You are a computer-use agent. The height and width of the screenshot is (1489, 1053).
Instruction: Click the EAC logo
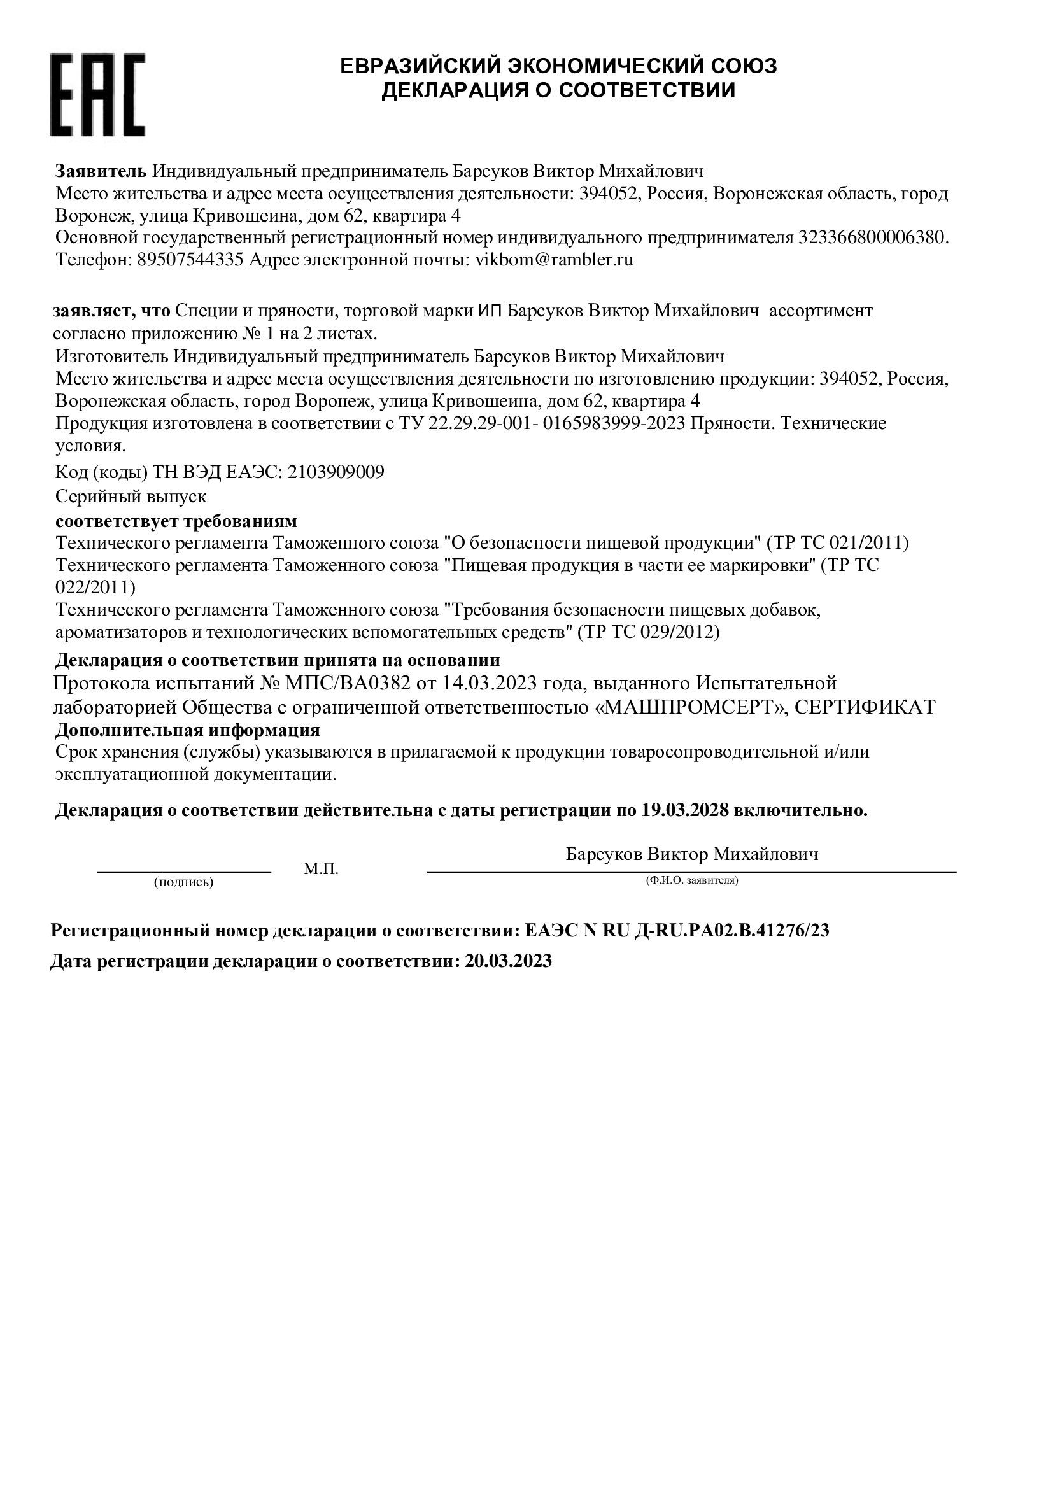[98, 95]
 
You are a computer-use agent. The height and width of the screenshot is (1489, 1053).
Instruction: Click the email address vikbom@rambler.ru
[555, 260]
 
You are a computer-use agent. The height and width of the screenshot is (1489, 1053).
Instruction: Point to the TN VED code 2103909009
[336, 472]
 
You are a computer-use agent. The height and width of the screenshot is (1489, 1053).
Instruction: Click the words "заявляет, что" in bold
[111, 311]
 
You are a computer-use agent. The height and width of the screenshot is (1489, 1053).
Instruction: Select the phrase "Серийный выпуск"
[131, 497]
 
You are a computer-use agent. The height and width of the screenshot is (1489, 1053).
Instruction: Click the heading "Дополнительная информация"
[187, 730]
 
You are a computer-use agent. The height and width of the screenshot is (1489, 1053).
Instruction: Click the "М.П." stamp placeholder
[321, 869]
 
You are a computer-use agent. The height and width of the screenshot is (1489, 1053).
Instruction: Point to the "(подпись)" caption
[183, 882]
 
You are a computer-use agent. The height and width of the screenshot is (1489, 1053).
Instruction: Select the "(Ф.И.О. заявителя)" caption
[692, 880]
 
